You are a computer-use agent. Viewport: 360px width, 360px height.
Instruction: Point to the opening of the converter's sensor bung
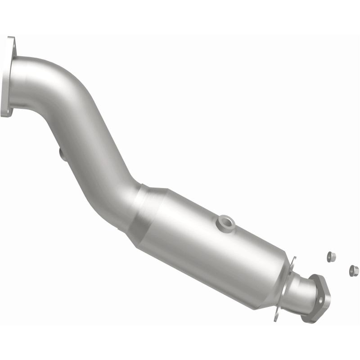click(225, 221)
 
